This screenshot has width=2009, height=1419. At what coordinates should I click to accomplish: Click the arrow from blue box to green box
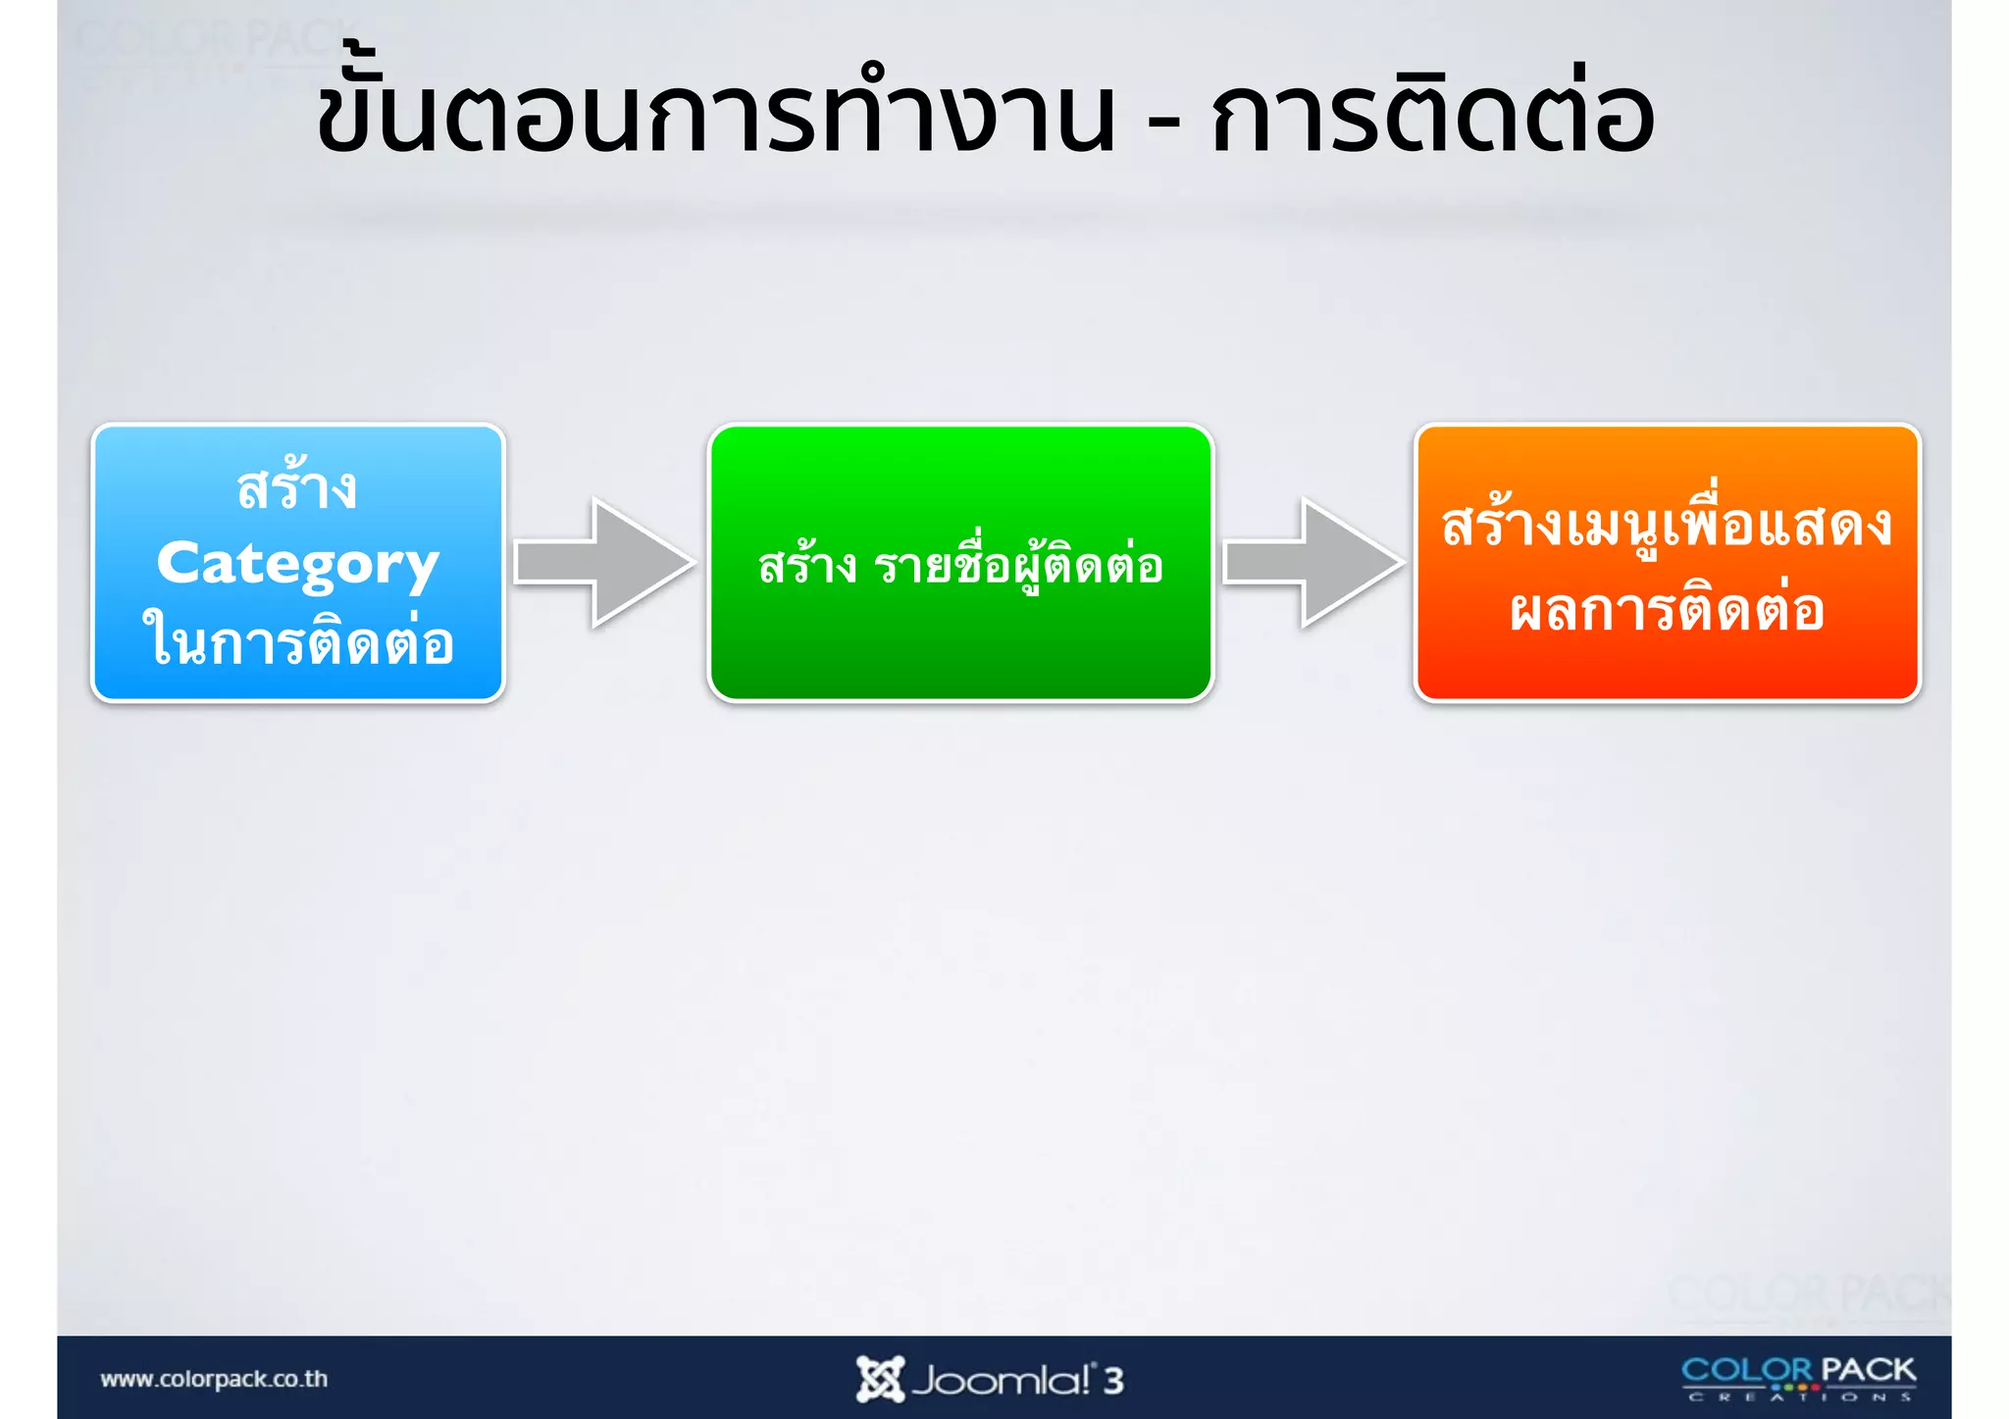[x=603, y=563]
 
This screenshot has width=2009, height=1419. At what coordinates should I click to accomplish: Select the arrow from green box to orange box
[x=1312, y=563]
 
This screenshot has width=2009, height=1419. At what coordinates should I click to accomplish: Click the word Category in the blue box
[x=297, y=565]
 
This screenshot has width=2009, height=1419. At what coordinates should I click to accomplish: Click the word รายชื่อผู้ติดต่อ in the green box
[x=1018, y=566]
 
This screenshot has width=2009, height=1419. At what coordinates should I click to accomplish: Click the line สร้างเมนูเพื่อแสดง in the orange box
[x=1667, y=525]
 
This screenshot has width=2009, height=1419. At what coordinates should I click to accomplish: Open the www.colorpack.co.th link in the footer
[x=214, y=1379]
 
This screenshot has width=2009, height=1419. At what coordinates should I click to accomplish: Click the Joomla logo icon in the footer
[x=879, y=1379]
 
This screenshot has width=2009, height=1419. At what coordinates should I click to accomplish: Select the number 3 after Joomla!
[x=1112, y=1381]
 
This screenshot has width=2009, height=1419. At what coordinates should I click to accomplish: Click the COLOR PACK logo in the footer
[x=1798, y=1377]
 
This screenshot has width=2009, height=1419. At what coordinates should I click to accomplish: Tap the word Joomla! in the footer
[x=1001, y=1381]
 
